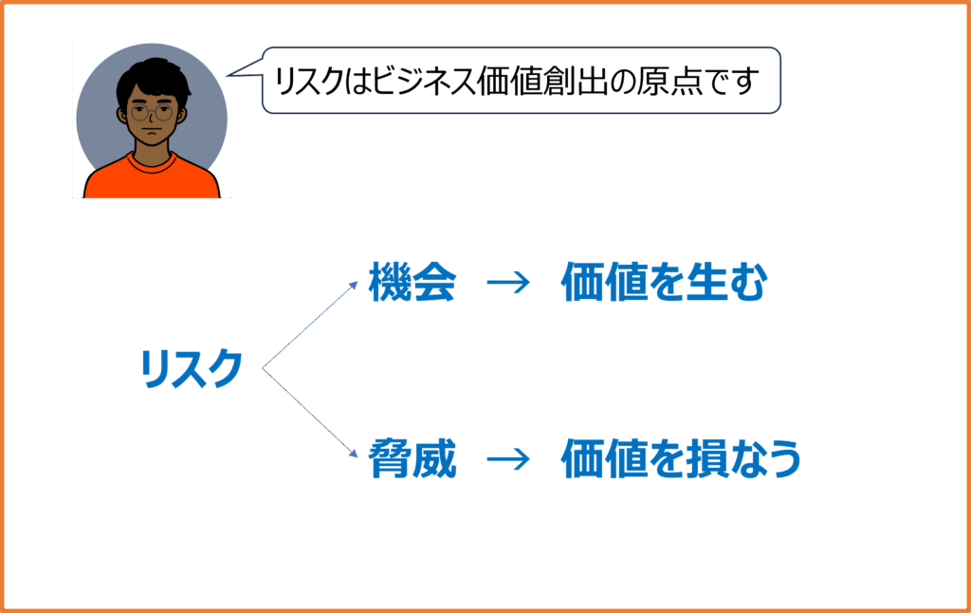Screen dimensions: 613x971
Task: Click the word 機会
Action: (x=412, y=284)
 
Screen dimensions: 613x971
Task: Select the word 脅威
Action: (x=412, y=459)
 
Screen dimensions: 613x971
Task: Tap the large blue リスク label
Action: (x=191, y=368)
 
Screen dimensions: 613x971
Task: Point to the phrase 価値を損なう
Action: (x=681, y=459)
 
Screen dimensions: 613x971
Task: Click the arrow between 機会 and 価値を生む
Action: (x=506, y=284)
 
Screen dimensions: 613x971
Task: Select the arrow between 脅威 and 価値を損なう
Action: (x=506, y=459)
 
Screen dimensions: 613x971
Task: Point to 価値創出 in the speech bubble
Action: (x=559, y=83)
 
